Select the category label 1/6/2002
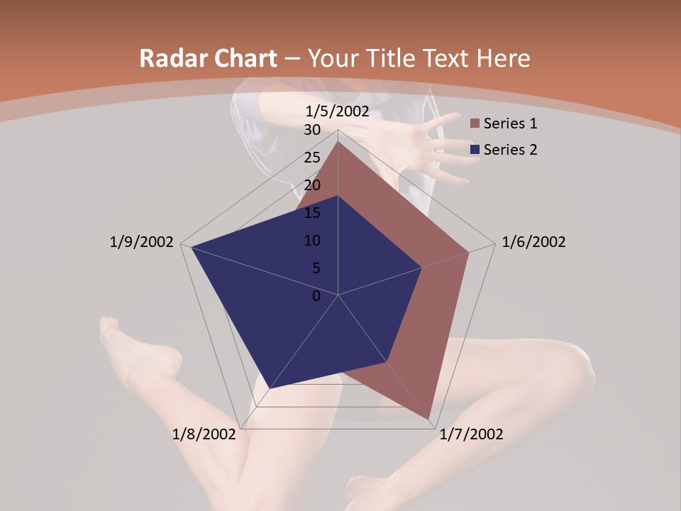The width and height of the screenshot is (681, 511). pos(533,242)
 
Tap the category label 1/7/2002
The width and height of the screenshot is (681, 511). pos(471,434)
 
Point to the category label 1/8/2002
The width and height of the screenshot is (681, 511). pos(204,434)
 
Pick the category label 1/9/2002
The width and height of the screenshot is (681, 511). pos(142,242)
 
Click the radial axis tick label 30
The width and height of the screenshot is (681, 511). pos(312,130)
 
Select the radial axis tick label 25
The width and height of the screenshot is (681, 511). pos(312,158)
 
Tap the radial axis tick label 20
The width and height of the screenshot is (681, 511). pos(312,185)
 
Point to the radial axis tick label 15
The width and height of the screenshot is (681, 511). pos(312,213)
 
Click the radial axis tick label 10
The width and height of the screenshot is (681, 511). pos(312,241)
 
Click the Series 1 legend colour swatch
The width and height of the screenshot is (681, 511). pos(475,124)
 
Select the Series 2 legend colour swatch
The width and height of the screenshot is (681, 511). pos(475,150)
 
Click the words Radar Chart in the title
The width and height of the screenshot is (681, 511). pos(208,59)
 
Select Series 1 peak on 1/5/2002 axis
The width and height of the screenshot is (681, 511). pos(338,141)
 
